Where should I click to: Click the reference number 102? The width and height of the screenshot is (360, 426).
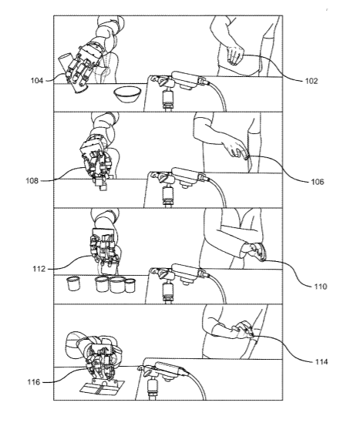pyautogui.click(x=311, y=81)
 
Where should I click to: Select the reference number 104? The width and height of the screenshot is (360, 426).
pyautogui.click(x=37, y=81)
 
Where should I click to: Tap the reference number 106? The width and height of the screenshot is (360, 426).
pyautogui.click(x=318, y=182)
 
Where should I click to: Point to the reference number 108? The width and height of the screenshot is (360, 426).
pyautogui.click(x=32, y=181)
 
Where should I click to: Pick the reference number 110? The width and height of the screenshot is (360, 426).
pyautogui.click(x=321, y=287)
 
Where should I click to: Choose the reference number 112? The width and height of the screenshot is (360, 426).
pyautogui.click(x=39, y=269)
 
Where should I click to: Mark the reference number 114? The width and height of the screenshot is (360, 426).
pyautogui.click(x=321, y=361)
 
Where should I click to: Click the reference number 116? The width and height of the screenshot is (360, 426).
pyautogui.click(x=33, y=382)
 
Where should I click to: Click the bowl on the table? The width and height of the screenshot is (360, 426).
pyautogui.click(x=127, y=94)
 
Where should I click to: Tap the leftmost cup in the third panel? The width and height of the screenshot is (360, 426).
pyautogui.click(x=73, y=283)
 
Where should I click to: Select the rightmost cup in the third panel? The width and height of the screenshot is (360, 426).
pyautogui.click(x=130, y=286)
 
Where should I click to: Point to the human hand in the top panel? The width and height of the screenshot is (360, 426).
pyautogui.click(x=234, y=56)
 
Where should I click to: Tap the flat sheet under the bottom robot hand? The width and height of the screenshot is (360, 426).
pyautogui.click(x=102, y=387)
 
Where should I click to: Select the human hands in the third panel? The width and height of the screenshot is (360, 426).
pyautogui.click(x=254, y=252)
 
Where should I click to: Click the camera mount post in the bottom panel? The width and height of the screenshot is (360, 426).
pyautogui.click(x=153, y=389)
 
